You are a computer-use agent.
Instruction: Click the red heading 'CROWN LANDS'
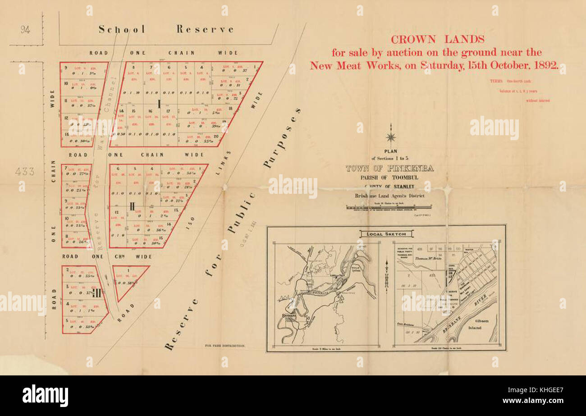click(x=437, y=40)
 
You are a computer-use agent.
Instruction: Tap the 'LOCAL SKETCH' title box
click(x=386, y=234)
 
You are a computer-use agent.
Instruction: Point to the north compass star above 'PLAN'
click(x=391, y=137)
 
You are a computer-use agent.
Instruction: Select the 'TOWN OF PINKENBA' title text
click(x=389, y=169)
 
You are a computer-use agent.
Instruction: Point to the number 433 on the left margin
click(x=24, y=171)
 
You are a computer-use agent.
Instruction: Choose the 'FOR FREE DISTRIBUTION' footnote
click(x=224, y=346)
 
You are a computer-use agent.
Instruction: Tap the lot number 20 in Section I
click(x=216, y=136)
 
